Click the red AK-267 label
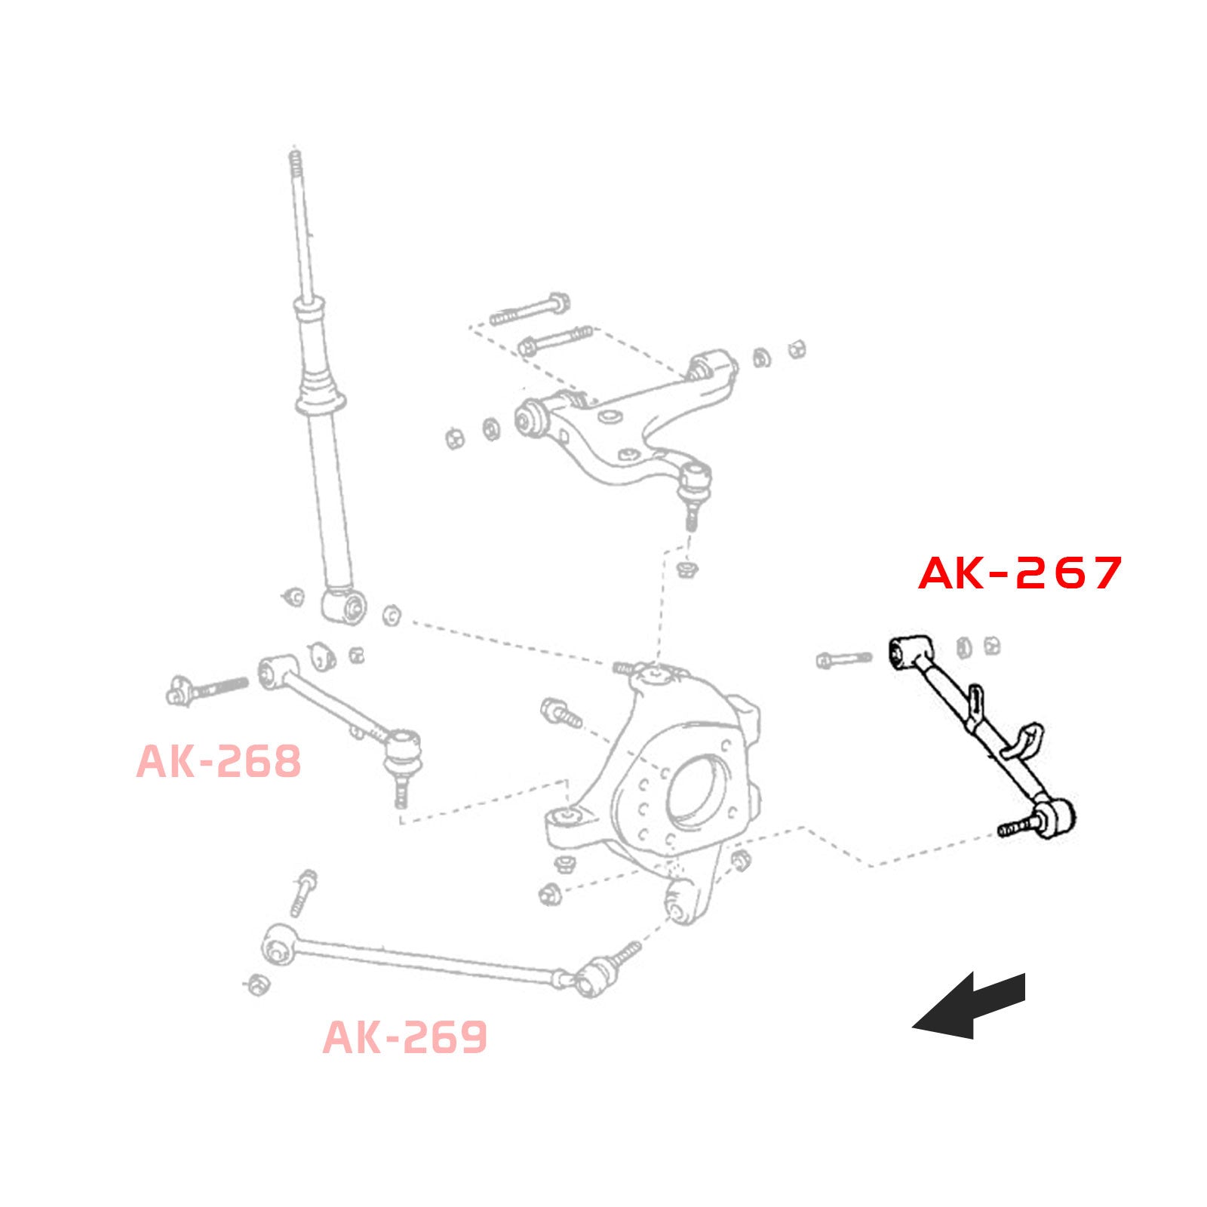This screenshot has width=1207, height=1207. click(1020, 573)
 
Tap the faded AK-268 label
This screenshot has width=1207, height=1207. click(219, 762)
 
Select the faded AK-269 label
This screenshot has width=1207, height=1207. click(405, 1037)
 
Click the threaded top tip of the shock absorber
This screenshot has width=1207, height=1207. click(295, 162)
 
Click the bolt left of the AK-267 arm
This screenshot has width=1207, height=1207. click(843, 659)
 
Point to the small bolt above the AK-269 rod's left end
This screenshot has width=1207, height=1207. click(303, 892)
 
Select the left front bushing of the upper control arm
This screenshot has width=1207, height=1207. click(532, 418)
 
